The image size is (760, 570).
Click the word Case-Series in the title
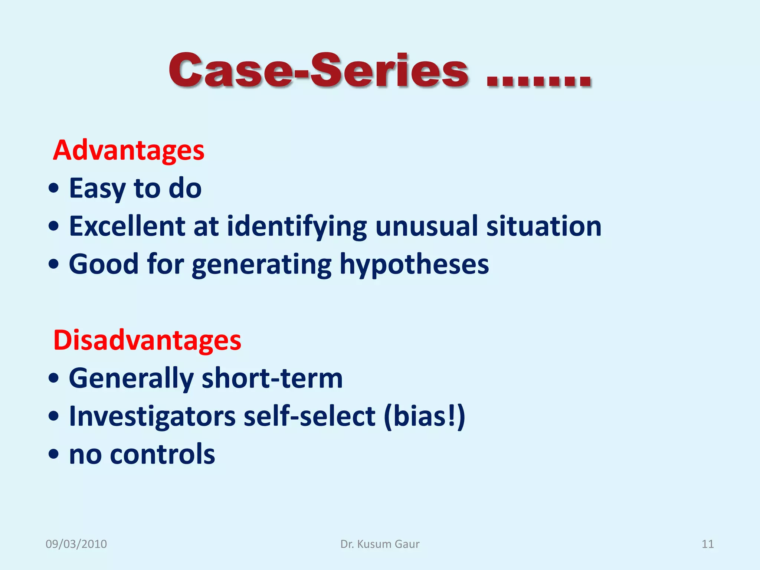(x=318, y=71)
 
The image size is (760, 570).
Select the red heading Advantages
(x=128, y=150)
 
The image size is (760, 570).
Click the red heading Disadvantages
(x=147, y=340)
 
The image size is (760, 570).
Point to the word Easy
(x=97, y=189)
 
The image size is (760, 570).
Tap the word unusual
(x=426, y=226)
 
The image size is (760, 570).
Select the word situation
(x=544, y=226)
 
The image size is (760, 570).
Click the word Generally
(x=131, y=379)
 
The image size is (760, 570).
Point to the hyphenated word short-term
(x=272, y=378)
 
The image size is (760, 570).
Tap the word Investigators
(x=152, y=417)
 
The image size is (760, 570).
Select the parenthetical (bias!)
(x=424, y=417)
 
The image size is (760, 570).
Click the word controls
(x=162, y=454)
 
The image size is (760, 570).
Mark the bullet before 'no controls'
(x=54, y=454)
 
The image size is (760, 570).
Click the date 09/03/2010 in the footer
(x=76, y=544)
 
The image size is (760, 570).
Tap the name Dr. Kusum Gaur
(x=380, y=544)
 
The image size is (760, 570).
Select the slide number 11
(x=707, y=544)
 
